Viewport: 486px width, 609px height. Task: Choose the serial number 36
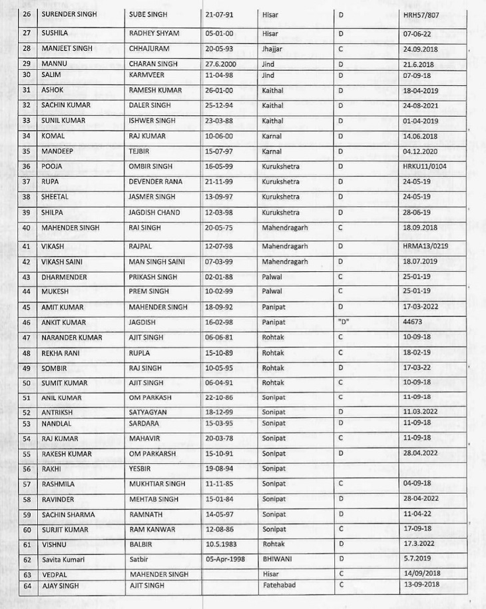(27, 166)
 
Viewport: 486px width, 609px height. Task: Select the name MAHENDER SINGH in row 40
(71, 228)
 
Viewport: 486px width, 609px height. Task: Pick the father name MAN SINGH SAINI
(162, 262)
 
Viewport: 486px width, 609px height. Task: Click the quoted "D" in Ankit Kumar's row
(344, 322)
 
